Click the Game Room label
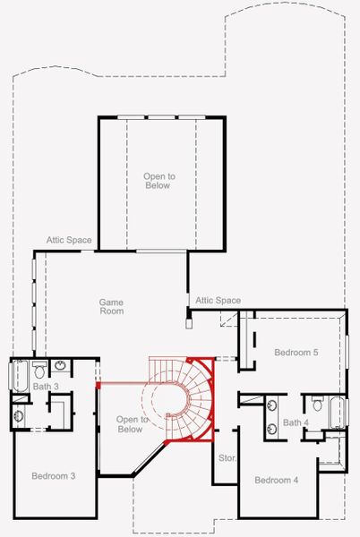tap(111, 307)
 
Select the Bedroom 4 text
tap(276, 481)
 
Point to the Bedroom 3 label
tap(53, 475)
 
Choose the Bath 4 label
tap(296, 422)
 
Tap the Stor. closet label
tap(227, 457)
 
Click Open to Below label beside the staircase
tap(130, 424)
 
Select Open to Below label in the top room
tap(159, 182)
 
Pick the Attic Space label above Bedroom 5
tap(218, 301)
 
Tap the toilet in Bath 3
tap(39, 369)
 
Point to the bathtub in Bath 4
tap(337, 411)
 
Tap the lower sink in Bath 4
tap(271, 430)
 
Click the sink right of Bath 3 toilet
tap(59, 365)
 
